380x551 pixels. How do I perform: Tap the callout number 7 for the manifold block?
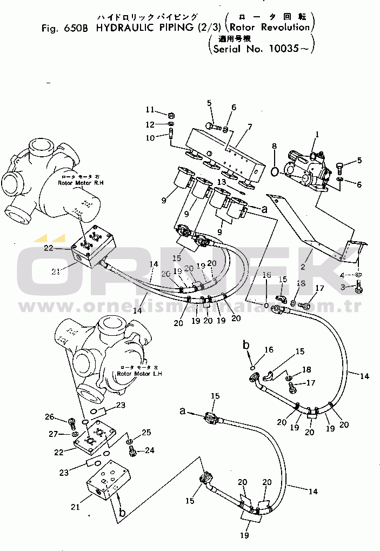pos(250,127)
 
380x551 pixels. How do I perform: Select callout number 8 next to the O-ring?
pos(274,145)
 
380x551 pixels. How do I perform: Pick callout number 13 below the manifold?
pos(222,182)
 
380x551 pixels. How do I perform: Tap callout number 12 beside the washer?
pos(150,125)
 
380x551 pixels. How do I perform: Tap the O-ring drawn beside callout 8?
pos(275,172)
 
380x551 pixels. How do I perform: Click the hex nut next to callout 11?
pos(169,115)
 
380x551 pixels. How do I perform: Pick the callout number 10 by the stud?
pos(150,138)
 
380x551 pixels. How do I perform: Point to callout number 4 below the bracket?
pos(342,275)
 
